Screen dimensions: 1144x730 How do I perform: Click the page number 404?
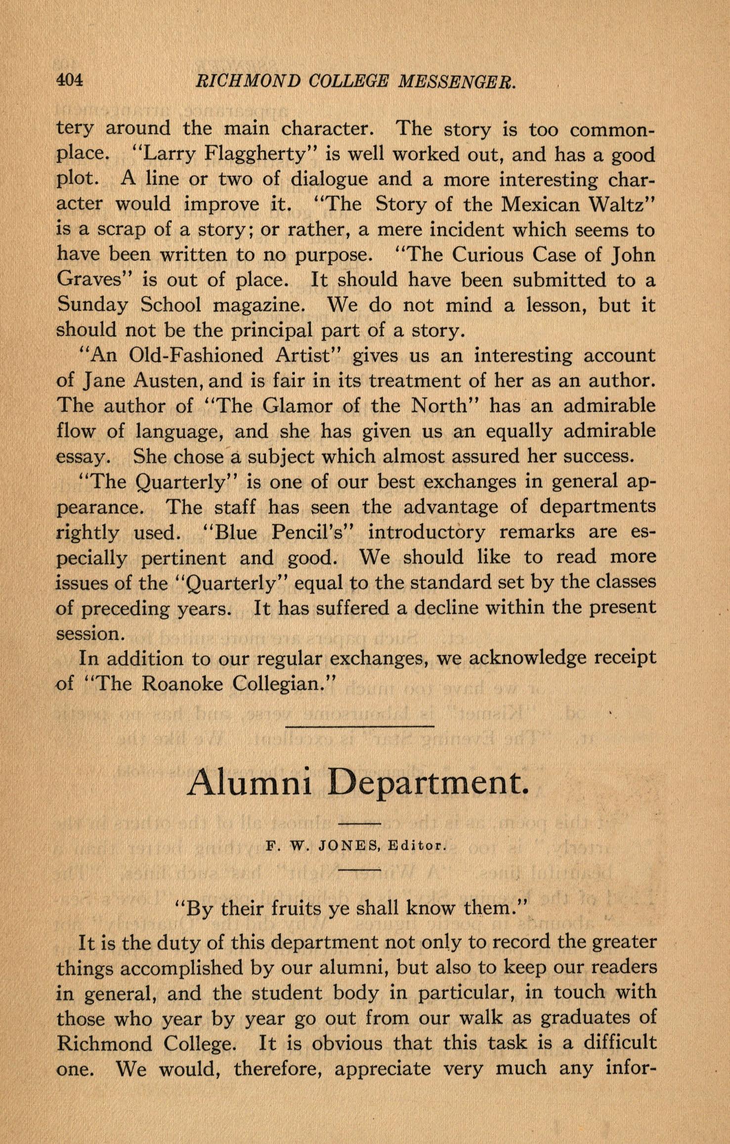pyautogui.click(x=69, y=80)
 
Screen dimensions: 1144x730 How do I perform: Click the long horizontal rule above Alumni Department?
pyautogui.click(x=360, y=726)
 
